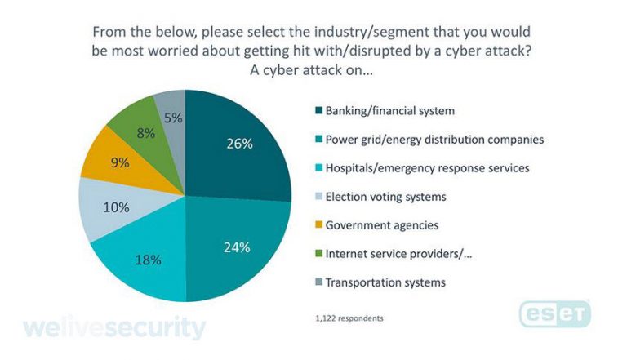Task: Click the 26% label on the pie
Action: coord(239,144)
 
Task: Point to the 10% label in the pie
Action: coord(116,207)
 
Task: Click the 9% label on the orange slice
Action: coord(119,162)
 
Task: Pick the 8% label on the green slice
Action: coord(146,132)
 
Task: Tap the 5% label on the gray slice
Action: coord(172,118)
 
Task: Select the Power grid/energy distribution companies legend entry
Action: coord(434,139)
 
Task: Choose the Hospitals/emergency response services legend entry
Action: coord(428,167)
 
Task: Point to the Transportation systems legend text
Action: coord(385,282)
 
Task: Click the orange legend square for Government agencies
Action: coord(316,224)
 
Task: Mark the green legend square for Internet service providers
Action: coord(316,253)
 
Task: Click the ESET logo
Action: coord(555,313)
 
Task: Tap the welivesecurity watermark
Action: coord(114,328)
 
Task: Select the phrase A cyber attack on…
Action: coord(313,71)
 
